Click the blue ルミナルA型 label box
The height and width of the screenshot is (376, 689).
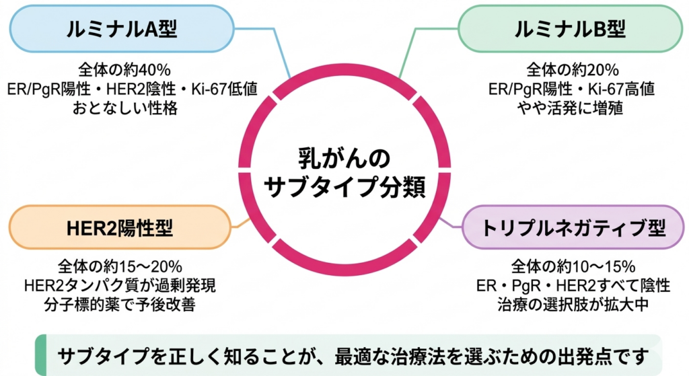(x=121, y=30)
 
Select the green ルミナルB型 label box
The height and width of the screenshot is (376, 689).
(x=569, y=30)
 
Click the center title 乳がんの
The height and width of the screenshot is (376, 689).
(x=344, y=159)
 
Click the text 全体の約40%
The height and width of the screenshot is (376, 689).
(x=124, y=69)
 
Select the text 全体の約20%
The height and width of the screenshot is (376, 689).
(x=572, y=69)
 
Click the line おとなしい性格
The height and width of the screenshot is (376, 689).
(x=125, y=108)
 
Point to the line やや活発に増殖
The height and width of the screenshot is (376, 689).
(x=572, y=108)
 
